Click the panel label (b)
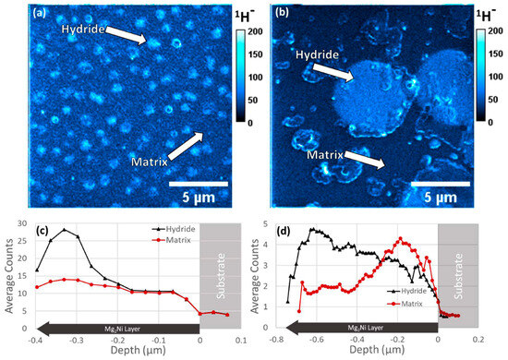coord(280,16)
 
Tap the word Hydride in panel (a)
coord(89,30)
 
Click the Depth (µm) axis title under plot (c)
coord(138,351)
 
